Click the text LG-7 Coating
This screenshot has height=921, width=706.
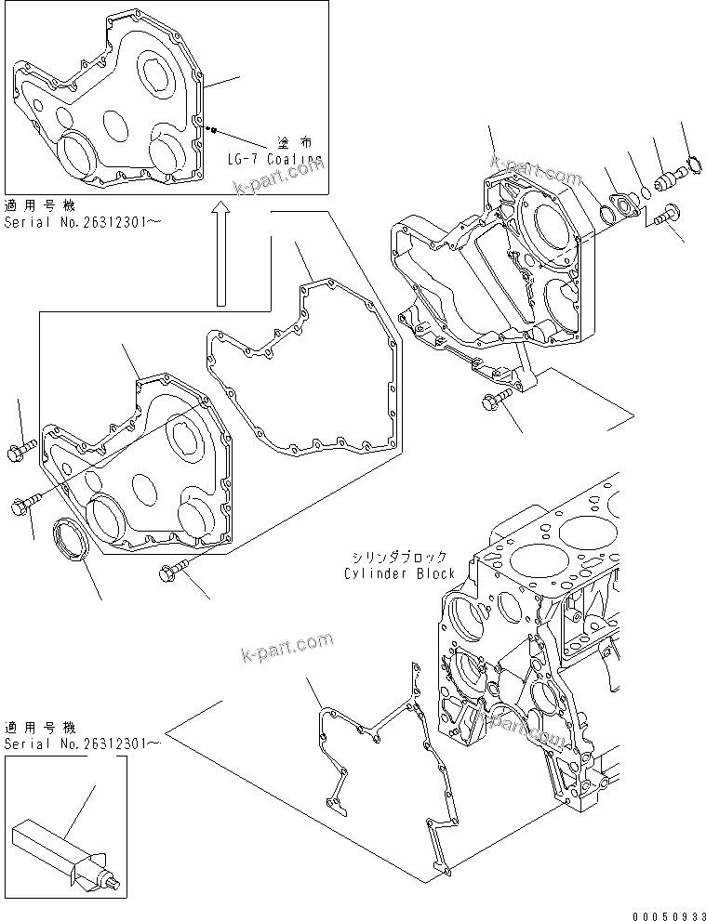(x=274, y=160)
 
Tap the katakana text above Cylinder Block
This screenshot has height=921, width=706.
(x=399, y=558)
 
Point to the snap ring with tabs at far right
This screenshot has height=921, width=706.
(x=688, y=167)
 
